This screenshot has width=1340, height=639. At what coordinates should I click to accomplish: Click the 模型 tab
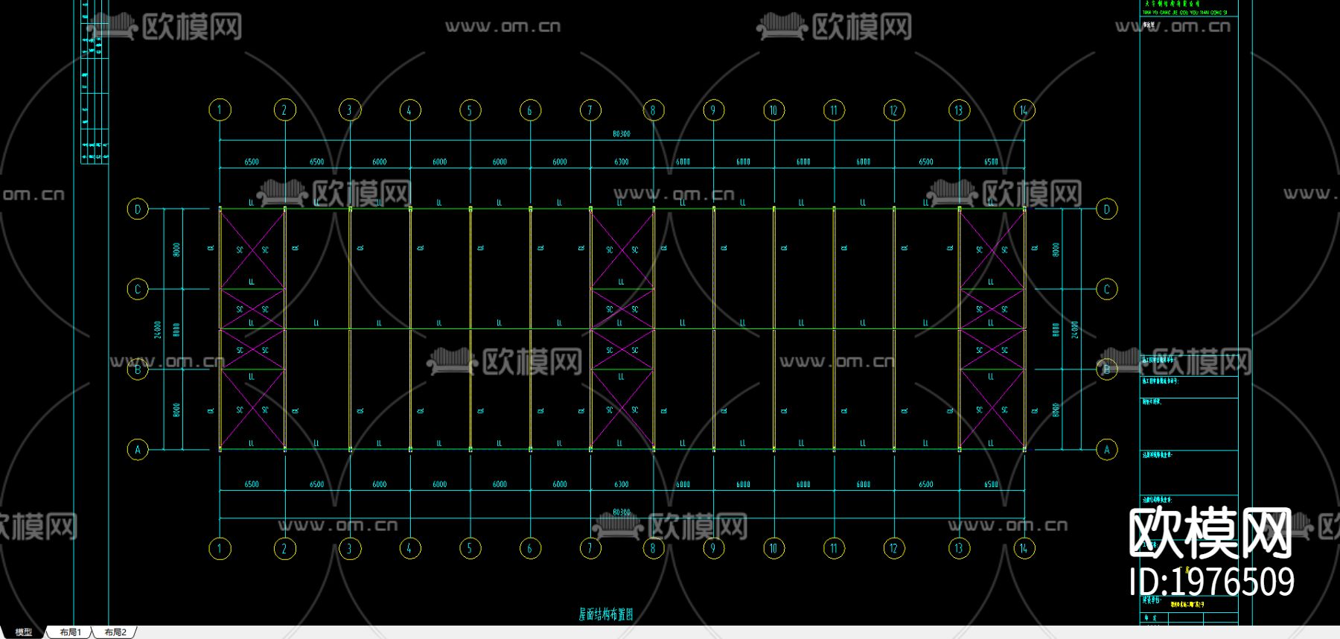(24, 632)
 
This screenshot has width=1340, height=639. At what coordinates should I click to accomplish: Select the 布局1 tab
(70, 632)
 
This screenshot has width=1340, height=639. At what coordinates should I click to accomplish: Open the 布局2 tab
(115, 632)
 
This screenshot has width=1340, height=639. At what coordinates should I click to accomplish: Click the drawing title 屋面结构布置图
(605, 614)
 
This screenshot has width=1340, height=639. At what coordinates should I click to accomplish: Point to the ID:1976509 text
(1211, 582)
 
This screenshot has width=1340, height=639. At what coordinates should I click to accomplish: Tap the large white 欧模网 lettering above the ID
(1210, 533)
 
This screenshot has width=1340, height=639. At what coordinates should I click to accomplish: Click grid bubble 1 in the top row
(220, 110)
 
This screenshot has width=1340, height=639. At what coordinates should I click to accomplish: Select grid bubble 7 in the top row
(590, 110)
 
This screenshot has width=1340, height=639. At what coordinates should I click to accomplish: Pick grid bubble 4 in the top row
(409, 110)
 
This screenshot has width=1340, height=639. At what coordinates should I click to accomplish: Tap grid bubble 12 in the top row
(894, 110)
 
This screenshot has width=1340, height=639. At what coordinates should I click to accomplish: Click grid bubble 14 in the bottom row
(1024, 549)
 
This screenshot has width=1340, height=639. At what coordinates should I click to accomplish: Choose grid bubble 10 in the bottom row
(773, 549)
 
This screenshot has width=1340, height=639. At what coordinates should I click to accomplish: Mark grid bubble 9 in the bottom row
(713, 549)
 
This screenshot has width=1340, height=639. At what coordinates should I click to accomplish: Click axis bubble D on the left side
(138, 209)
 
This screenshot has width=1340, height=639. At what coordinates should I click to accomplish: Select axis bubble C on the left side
(138, 289)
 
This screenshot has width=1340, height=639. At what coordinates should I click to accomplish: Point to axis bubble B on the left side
(138, 369)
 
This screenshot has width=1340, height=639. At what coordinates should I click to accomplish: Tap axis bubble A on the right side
(1107, 449)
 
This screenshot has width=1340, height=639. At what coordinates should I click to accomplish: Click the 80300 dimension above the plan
(622, 134)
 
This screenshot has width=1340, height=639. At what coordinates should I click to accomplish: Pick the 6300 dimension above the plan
(622, 162)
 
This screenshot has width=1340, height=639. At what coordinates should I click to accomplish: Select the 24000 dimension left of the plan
(158, 329)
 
